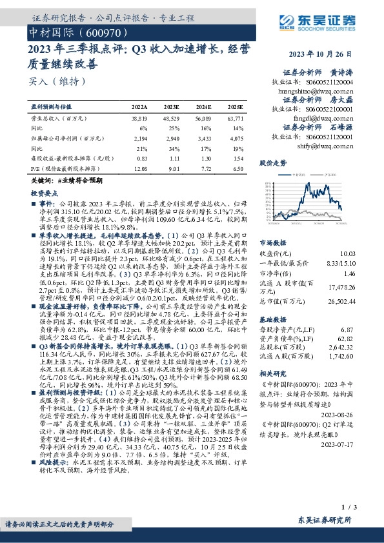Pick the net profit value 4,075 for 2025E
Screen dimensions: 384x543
(x=236, y=138)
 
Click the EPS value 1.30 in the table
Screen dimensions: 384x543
(x=204, y=157)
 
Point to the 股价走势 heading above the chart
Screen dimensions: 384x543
(x=273, y=164)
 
